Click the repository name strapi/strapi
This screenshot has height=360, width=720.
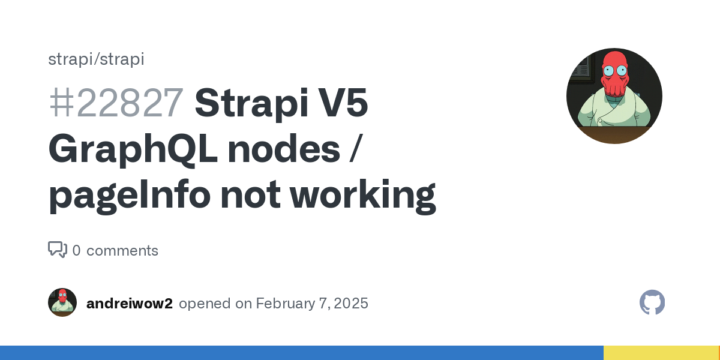click(x=96, y=59)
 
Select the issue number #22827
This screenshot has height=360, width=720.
click(x=116, y=103)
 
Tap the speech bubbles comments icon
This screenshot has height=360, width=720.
click(x=58, y=250)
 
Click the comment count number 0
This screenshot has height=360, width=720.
click(x=77, y=250)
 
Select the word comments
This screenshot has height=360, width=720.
click(x=122, y=251)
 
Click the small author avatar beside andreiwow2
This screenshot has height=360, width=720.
click(x=62, y=302)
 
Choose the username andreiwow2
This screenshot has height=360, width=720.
click(x=130, y=304)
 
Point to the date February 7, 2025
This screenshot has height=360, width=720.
click(x=312, y=304)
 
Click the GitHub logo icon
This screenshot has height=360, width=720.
click(x=652, y=302)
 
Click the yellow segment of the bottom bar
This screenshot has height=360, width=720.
click(x=662, y=353)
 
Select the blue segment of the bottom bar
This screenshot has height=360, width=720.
click(x=302, y=353)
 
